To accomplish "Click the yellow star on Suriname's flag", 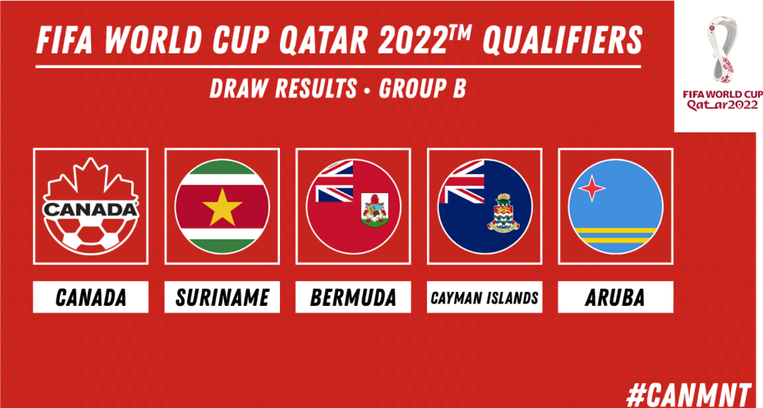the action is coord(222,207).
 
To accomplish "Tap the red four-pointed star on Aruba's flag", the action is coord(592,188).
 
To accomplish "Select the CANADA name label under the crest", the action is coord(90,297).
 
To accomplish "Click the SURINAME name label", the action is coord(222,297).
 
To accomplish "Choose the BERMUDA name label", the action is coord(353,297).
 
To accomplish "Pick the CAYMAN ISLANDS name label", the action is coord(485,297).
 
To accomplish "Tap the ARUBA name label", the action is coord(615,297).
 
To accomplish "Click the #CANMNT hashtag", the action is coord(689,394).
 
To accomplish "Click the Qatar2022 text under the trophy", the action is coord(722,105).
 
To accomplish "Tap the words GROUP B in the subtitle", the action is coord(422,88).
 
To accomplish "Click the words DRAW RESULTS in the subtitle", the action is coord(284,88).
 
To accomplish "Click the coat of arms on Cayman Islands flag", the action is coord(503,213).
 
